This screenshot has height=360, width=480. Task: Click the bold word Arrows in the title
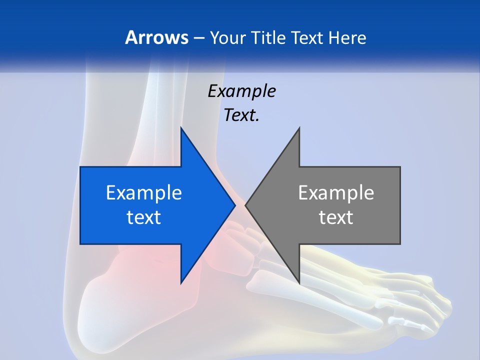[156, 37]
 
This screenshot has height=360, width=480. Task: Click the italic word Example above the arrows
[241, 91]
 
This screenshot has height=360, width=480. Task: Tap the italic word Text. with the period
[241, 115]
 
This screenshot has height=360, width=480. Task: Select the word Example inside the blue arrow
[144, 193]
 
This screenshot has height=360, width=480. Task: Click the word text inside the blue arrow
[144, 217]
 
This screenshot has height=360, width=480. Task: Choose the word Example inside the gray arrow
[336, 193]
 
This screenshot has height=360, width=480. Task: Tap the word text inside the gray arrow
[336, 217]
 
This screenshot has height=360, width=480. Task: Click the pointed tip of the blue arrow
[234, 205]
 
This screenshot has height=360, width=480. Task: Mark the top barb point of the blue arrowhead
[181, 128]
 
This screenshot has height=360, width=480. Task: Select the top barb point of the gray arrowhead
[299, 128]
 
